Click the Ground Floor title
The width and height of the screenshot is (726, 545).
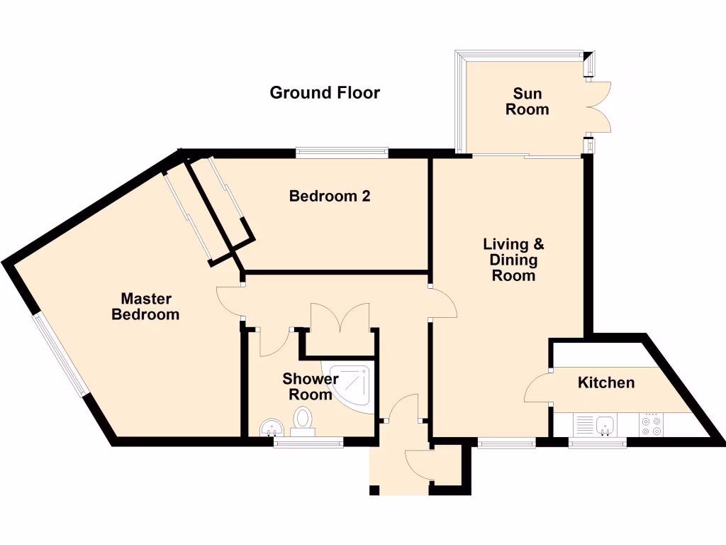tap(325, 93)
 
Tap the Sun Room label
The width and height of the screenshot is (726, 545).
tap(527, 101)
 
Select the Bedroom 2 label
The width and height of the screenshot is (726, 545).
tap(330, 196)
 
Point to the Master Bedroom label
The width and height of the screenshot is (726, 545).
tap(145, 307)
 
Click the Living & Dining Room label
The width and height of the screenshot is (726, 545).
tap(513, 260)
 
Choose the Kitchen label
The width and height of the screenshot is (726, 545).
tap(606, 383)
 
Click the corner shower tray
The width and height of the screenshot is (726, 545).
tap(352, 386)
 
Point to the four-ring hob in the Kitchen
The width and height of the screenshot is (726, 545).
tap(651, 425)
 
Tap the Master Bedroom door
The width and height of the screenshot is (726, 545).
tap(230, 301)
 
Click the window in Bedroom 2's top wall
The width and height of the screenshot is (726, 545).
tap(342, 151)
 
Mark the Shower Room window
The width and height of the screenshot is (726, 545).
tap(308, 443)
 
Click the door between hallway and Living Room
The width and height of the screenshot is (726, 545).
tap(444, 304)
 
